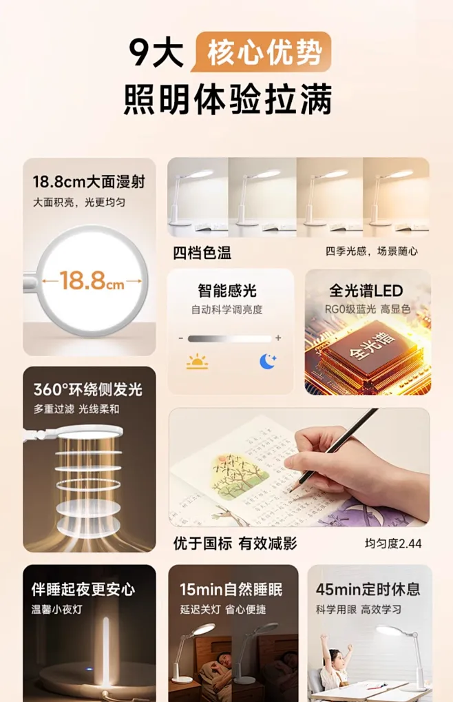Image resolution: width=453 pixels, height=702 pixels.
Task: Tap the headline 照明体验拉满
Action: point(227,99)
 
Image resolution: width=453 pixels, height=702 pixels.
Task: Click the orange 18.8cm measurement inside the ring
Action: point(92,281)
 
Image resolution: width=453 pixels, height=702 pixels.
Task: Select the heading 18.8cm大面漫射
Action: point(89,182)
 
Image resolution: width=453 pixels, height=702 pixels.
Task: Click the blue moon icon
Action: point(267,361)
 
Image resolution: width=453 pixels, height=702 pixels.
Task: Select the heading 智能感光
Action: point(227,291)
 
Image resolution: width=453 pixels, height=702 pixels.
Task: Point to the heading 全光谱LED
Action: point(367,291)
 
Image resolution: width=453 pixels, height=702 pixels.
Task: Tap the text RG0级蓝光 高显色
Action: point(368,309)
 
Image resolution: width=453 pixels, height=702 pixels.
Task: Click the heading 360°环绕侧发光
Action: point(88,389)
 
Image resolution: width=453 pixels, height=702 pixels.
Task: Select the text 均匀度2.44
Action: point(392,544)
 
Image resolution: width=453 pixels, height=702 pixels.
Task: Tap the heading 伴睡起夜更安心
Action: point(83,590)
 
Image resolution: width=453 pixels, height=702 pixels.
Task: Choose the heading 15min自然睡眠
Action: point(231,590)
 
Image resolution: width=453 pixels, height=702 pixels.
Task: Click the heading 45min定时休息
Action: point(368,590)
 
